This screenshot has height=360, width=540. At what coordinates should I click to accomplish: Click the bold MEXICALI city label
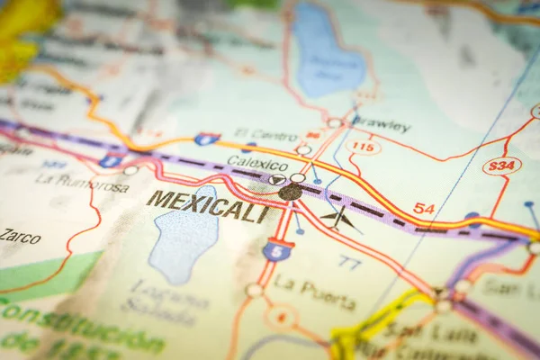coord(208,206)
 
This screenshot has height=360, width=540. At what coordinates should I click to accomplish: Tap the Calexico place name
coord(257,162)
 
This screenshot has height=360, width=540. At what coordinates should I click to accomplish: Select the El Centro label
coord(265,135)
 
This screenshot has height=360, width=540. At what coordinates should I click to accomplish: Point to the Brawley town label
coord(381,125)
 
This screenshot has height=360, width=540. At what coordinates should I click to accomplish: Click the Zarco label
coord(20,236)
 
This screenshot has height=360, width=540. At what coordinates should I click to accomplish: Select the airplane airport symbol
coord(339,217)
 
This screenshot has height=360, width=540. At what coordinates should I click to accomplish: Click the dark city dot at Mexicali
coord(290,192)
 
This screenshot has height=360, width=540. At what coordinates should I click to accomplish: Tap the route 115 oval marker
coord(363,146)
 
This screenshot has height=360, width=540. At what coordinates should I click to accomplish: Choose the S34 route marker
coord(501,166)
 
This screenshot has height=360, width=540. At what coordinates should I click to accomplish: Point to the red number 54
coord(424,209)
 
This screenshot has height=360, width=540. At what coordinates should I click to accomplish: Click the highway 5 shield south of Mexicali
coord(277,249)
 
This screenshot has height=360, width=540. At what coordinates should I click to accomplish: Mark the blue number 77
coord(349,263)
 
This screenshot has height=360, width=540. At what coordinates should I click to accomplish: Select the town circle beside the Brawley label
coord(335,123)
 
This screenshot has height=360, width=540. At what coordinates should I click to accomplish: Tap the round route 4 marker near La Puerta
coord(281,316)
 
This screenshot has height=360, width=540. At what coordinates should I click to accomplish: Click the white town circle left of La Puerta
coord(255,290)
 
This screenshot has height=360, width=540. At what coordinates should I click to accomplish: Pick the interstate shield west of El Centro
coord(206,139)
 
